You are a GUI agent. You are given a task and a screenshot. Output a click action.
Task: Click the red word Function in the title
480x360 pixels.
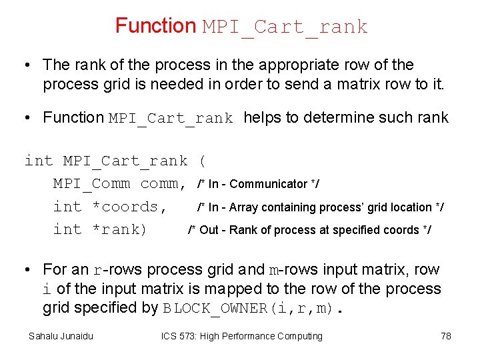point(155,26)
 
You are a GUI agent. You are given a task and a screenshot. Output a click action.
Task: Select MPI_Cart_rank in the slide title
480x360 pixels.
point(285,27)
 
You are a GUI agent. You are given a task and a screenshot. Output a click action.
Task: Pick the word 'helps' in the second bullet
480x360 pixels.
point(262,118)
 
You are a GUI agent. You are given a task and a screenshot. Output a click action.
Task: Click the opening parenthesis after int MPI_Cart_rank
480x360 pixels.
point(202,161)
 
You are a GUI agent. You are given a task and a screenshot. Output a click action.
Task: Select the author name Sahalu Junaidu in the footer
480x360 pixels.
point(61,336)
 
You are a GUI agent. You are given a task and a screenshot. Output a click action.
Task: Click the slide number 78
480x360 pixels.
point(446,336)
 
